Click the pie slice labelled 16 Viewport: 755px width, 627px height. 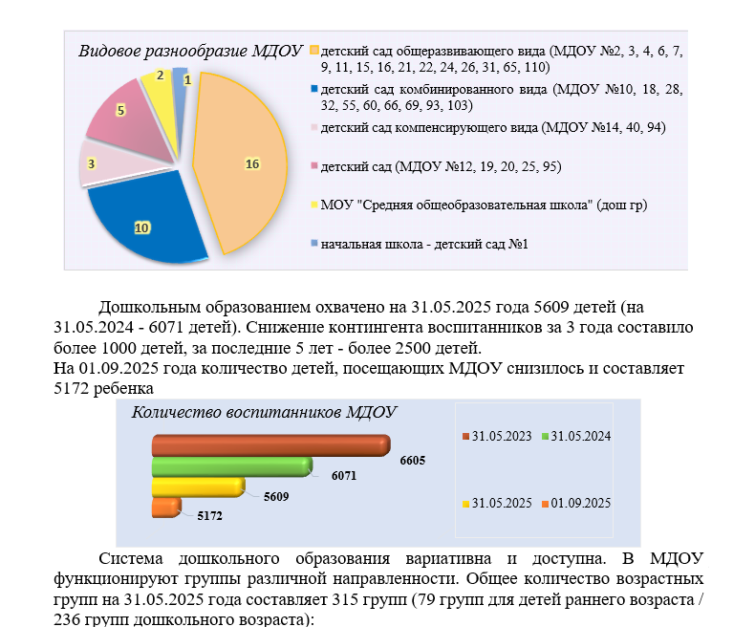pyautogui.click(x=241, y=163)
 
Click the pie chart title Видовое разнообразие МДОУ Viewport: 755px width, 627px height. pyautogui.click(x=190, y=51)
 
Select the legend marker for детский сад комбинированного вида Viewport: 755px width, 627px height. pyautogui.click(x=314, y=89)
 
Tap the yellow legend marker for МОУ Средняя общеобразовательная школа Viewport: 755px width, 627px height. pyautogui.click(x=314, y=205)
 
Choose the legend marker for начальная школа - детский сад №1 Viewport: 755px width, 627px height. pyautogui.click(x=314, y=244)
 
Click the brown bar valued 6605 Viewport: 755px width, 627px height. pyautogui.click(x=271, y=445)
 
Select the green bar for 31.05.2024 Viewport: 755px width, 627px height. pyautogui.click(x=232, y=467)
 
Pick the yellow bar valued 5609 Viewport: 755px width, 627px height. pyautogui.click(x=199, y=487)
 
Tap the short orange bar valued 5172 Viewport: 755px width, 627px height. pyautogui.click(x=166, y=508)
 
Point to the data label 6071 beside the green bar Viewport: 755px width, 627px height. pyautogui.click(x=344, y=476)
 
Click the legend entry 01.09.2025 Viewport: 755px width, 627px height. pyautogui.click(x=576, y=504)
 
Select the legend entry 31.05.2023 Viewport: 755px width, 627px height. pyautogui.click(x=497, y=436)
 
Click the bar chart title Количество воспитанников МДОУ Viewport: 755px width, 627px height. pyautogui.click(x=264, y=412)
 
